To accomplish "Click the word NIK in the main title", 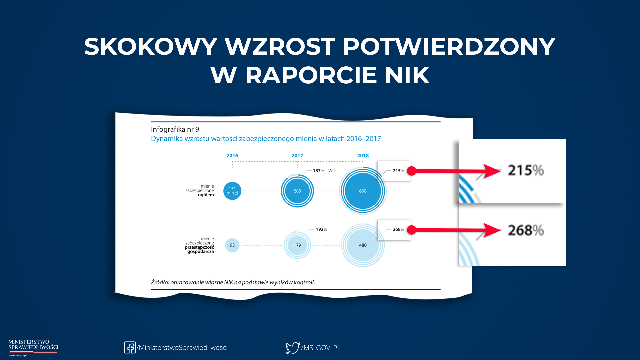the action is pyautogui.click(x=407, y=75).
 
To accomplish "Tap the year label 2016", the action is pyautogui.click(x=232, y=156).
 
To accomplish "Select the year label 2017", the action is pyautogui.click(x=297, y=156).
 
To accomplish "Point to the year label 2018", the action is pyautogui.click(x=363, y=156).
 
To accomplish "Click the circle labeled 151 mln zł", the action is pyautogui.click(x=232, y=191).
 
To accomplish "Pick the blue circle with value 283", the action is pyautogui.click(x=297, y=191).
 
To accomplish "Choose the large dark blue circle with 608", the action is pyautogui.click(x=363, y=191).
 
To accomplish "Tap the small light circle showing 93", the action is pyautogui.click(x=232, y=245).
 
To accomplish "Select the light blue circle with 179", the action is pyautogui.click(x=297, y=245).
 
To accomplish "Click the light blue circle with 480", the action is pyautogui.click(x=363, y=245).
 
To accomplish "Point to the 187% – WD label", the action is pyautogui.click(x=324, y=171).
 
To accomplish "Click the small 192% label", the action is pyautogui.click(x=321, y=229).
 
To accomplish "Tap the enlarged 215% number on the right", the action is pyautogui.click(x=526, y=170).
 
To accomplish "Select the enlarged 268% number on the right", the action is pyautogui.click(x=526, y=230).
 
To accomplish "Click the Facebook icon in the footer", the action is pyautogui.click(x=130, y=347).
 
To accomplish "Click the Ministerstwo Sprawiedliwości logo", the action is pyautogui.click(x=33, y=348).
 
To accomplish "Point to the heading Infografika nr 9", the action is pyautogui.click(x=175, y=129).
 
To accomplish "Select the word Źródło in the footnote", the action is pyautogui.click(x=160, y=282).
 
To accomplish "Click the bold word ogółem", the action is pyautogui.click(x=206, y=195).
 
